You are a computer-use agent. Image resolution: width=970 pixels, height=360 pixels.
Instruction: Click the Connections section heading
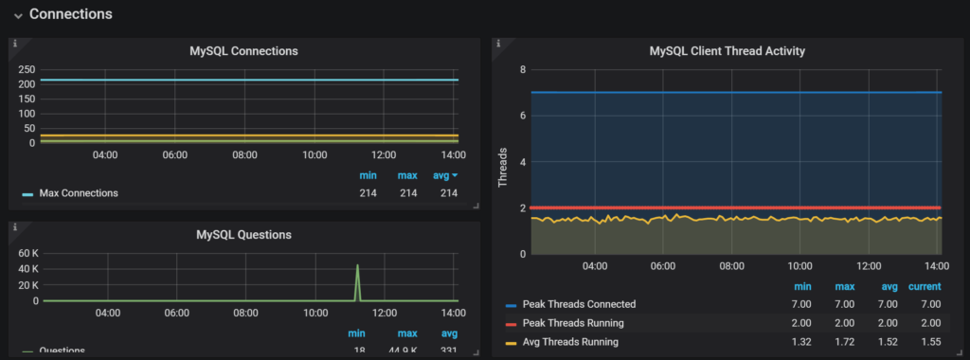pos(70,14)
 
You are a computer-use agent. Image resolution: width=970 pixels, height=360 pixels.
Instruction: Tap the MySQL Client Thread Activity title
pos(727,51)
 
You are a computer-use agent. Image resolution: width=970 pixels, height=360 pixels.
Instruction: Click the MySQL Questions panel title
pos(243,234)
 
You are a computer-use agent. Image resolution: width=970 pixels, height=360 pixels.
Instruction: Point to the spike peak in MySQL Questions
pos(357,266)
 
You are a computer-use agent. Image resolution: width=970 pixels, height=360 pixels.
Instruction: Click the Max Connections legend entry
pos(78,193)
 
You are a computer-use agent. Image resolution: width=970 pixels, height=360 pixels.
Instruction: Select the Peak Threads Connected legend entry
pos(579,304)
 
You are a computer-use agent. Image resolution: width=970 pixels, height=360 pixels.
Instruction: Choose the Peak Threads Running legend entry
pos(574,323)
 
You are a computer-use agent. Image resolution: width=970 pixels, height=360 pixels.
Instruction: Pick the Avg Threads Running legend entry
pos(570,341)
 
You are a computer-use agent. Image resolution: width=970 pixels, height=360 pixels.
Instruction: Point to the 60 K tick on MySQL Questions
pos(26,253)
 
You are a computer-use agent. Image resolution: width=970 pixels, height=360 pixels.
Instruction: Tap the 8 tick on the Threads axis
pos(523,70)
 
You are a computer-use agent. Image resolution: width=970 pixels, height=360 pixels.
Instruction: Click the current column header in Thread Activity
pos(924,286)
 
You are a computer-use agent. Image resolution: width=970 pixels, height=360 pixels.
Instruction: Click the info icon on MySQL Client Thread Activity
pos(497,43)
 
